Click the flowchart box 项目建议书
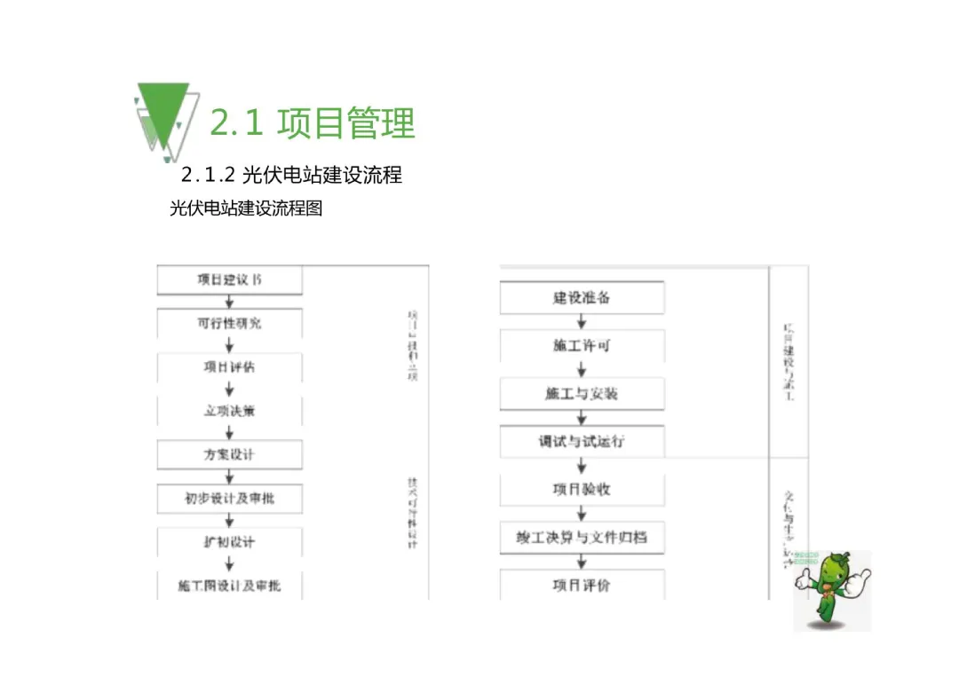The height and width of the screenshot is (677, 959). (x=229, y=279)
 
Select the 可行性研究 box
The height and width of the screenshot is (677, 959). (x=229, y=323)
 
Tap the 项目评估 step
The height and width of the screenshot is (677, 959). (x=229, y=366)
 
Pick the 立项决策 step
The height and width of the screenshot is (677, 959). (x=229, y=411)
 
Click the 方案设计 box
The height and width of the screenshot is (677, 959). (x=229, y=454)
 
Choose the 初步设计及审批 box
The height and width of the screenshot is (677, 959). (x=229, y=498)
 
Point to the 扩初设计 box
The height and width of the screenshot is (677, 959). (x=229, y=541)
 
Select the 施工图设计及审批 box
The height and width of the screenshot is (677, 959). (x=229, y=586)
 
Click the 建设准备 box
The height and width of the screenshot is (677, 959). (x=582, y=297)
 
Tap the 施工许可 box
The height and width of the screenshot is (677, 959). (x=582, y=345)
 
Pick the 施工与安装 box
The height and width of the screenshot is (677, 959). (x=582, y=393)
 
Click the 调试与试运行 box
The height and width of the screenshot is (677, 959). (x=582, y=441)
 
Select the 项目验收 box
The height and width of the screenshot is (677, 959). (x=582, y=489)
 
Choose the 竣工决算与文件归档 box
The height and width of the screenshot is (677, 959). (x=582, y=537)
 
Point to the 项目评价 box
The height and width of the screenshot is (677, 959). (x=582, y=585)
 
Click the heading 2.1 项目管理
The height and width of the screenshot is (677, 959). (x=312, y=123)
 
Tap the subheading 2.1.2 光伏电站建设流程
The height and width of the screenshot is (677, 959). (x=291, y=174)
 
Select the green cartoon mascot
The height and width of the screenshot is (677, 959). (x=833, y=590)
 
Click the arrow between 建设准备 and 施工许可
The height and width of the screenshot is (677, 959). (x=582, y=321)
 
